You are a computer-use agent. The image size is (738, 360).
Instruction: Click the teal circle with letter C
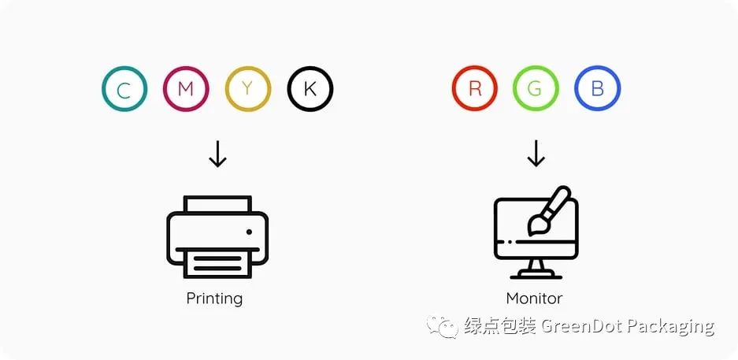[124, 89]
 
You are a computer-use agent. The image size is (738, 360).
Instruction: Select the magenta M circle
[186, 89]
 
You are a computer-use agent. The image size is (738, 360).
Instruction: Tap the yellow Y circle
[248, 89]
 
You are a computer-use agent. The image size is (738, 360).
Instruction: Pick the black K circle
[310, 89]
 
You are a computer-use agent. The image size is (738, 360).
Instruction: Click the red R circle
[475, 89]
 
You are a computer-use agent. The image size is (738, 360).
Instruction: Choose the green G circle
[536, 89]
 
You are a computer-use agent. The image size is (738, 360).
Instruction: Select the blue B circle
[597, 89]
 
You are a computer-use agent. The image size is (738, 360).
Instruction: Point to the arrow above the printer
[217, 154]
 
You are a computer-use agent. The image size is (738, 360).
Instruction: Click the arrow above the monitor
[536, 154]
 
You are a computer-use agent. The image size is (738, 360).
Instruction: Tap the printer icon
[217, 236]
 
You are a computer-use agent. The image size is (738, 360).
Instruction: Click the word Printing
[214, 299]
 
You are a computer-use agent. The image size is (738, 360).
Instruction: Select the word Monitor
[534, 299]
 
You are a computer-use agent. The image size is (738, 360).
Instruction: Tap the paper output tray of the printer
[217, 263]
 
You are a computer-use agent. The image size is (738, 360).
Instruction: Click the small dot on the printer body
[249, 232]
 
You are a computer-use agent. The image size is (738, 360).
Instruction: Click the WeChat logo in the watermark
[442, 326]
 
